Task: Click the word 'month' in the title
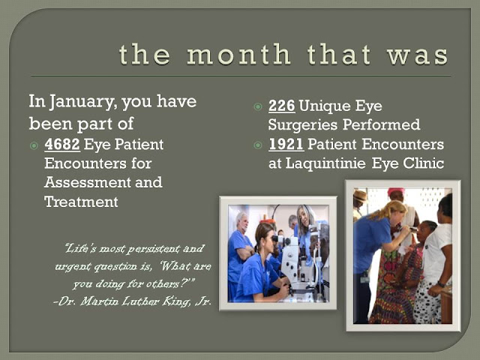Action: click(x=238, y=54)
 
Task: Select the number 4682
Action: click(x=62, y=144)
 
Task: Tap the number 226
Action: click(x=282, y=106)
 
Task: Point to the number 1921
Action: click(x=286, y=144)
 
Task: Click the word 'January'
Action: click(x=82, y=102)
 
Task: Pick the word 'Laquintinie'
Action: click(x=325, y=163)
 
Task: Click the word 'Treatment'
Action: click(x=81, y=202)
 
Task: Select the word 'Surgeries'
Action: click(x=303, y=125)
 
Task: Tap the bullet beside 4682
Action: click(x=34, y=145)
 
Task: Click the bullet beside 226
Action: click(x=258, y=106)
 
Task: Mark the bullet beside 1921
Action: click(x=258, y=145)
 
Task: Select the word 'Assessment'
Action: click(x=88, y=182)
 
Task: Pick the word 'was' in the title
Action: click(x=418, y=55)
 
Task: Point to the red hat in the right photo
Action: click(x=396, y=192)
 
